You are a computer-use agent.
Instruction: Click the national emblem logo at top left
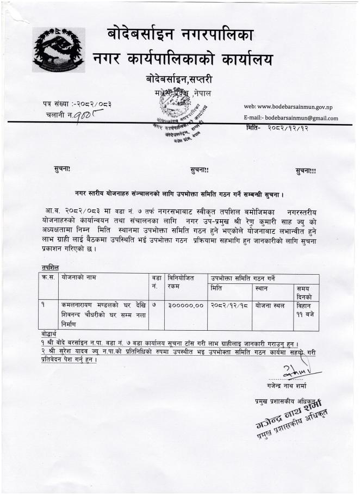(x=58, y=49)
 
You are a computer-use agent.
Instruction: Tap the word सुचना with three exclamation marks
(x=306, y=171)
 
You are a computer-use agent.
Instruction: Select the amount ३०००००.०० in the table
(x=186, y=305)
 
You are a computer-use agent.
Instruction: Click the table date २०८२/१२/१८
(x=228, y=305)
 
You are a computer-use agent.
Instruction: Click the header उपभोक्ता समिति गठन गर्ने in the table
(x=243, y=277)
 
